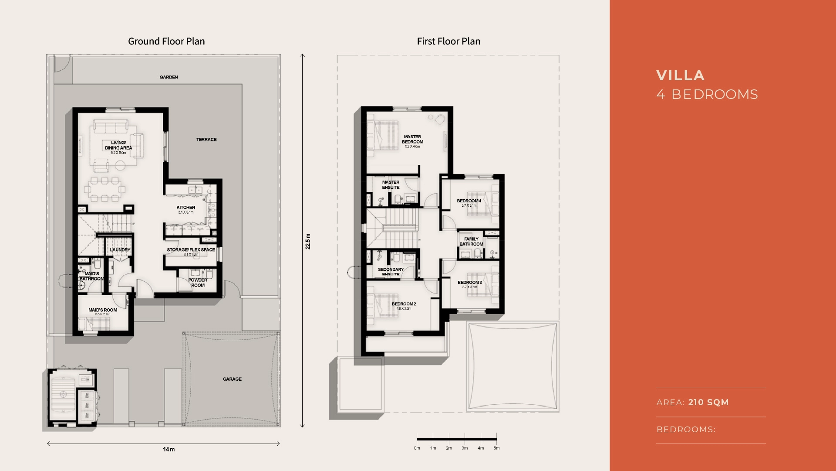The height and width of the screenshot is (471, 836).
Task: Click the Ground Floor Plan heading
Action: point(166,41)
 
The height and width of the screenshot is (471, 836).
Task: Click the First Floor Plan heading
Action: point(448,41)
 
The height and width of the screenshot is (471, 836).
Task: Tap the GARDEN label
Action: point(169,77)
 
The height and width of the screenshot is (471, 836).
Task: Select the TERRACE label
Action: point(206,140)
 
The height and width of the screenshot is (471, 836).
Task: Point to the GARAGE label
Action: point(232,379)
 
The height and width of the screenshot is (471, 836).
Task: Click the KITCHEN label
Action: point(186,208)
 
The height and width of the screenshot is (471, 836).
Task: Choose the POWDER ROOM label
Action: point(198,283)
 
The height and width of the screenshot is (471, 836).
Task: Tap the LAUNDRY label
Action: point(120,250)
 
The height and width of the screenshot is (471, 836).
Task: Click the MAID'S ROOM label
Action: point(103,310)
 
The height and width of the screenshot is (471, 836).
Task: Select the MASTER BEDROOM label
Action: point(412,139)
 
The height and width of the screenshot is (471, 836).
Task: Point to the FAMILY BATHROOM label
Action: point(471,242)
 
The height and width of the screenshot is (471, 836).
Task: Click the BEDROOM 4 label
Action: point(469,201)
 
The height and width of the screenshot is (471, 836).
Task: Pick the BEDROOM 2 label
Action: point(404,304)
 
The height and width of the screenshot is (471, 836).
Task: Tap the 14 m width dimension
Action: point(169,449)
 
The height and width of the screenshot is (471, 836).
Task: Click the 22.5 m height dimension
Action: point(308,241)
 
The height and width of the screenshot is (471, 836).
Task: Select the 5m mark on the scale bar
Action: point(496,448)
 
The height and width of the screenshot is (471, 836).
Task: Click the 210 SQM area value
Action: point(708,402)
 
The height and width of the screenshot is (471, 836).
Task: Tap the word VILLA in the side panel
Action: point(680,75)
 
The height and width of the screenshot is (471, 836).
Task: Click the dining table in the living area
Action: point(104,189)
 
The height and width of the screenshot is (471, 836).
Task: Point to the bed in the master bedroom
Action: point(383,135)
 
